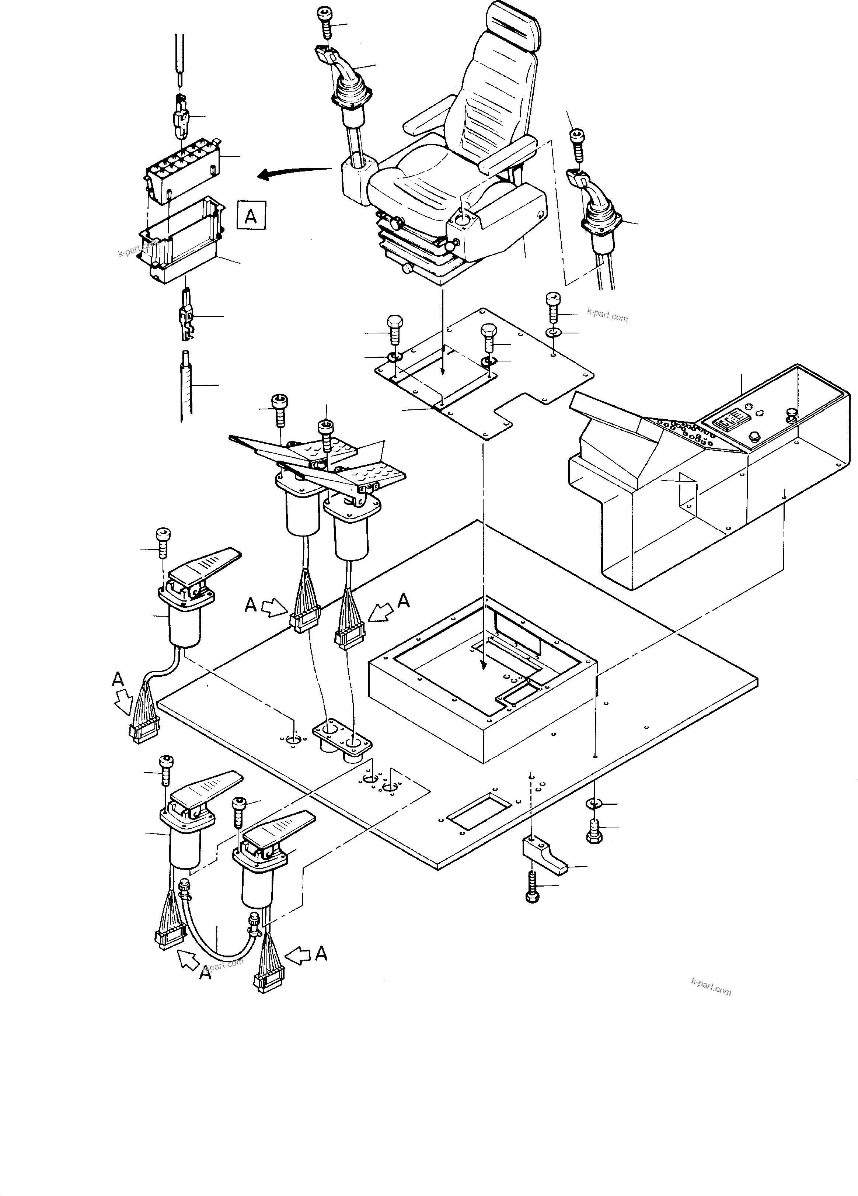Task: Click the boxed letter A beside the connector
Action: tap(251, 215)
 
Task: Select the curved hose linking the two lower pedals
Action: tap(216, 931)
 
